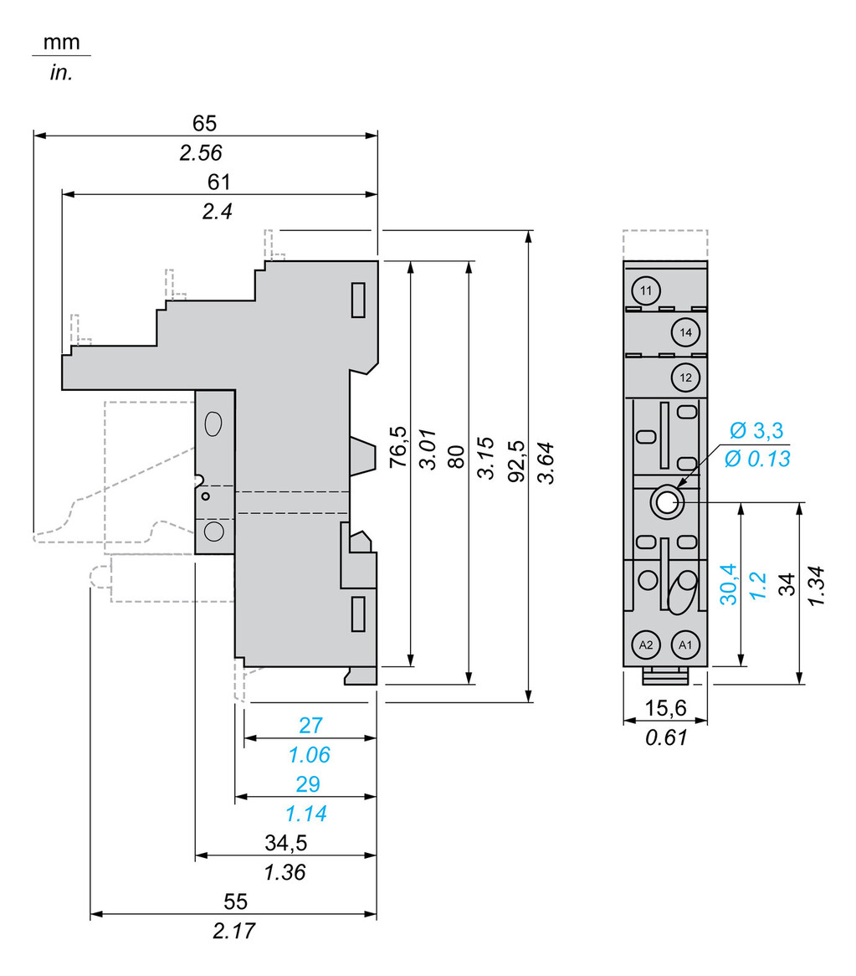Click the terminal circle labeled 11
tap(645, 290)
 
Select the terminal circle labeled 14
tap(685, 333)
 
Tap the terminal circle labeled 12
tap(685, 378)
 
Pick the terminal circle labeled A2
tap(645, 645)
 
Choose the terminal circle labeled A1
tap(685, 645)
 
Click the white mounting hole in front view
tap(666, 502)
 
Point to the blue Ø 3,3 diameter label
tap(756, 431)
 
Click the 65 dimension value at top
tap(204, 123)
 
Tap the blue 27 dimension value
tap(310, 726)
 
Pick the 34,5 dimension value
tap(284, 843)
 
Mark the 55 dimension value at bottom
tap(235, 902)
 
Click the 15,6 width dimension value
tap(665, 708)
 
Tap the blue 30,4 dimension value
tap(730, 583)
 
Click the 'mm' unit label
tap(61, 42)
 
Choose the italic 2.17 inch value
tap(235, 932)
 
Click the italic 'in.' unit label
tap(61, 73)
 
